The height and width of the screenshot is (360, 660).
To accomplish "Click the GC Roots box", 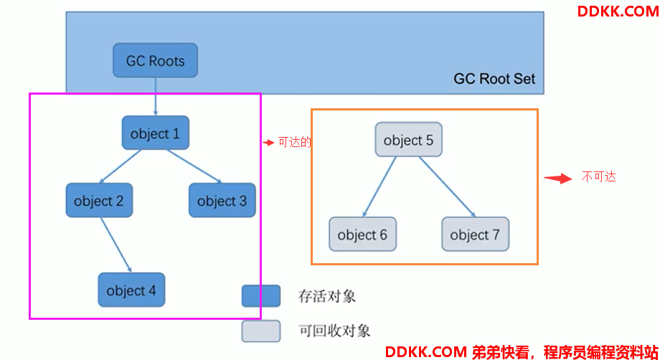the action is click(156, 60).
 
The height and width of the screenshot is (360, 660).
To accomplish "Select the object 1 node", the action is click(156, 133).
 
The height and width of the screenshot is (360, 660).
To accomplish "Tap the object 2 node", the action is click(99, 200).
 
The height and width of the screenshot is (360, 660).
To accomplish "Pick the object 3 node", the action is click(222, 200).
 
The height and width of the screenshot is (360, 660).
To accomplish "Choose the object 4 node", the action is click(131, 290).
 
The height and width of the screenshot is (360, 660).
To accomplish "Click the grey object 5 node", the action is click(409, 140).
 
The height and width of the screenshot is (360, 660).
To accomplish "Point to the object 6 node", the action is click(362, 235).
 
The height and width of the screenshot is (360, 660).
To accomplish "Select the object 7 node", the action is click(475, 235).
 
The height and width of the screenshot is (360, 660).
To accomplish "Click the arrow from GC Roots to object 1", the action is click(156, 96).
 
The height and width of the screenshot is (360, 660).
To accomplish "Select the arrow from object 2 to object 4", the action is click(116, 245).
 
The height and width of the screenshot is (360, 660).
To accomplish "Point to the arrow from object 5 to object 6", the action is click(379, 187).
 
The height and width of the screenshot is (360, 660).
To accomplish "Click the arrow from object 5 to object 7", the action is click(447, 187).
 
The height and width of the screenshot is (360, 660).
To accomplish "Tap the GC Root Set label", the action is click(494, 79).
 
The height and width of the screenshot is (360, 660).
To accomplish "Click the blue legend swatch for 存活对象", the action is click(261, 296).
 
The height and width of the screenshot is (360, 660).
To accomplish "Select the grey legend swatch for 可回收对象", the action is click(261, 331).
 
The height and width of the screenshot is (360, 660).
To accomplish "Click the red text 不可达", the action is click(598, 176).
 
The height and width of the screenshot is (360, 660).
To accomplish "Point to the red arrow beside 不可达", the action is click(558, 179).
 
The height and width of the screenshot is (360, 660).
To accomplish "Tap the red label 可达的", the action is click(295, 143).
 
